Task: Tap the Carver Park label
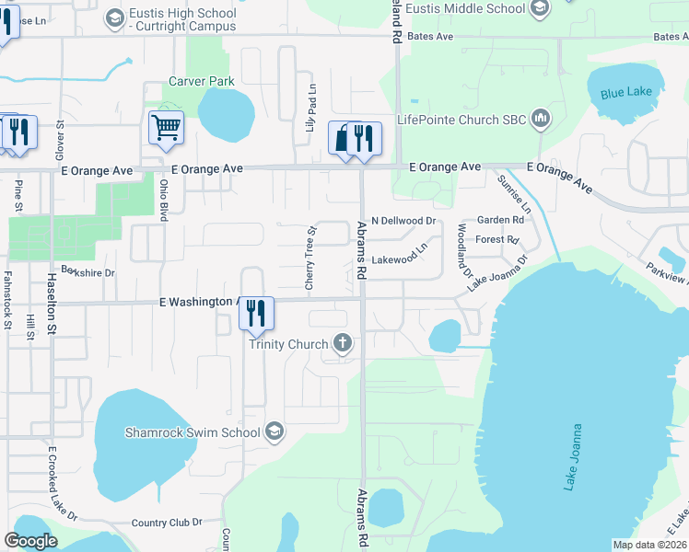pyautogui.click(x=202, y=82)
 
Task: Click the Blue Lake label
pyautogui.click(x=626, y=92)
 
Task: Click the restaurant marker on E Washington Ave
pyautogui.click(x=256, y=314)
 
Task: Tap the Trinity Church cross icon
pyautogui.click(x=342, y=344)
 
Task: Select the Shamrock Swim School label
pyautogui.click(x=193, y=431)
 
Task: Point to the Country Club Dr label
pyautogui.click(x=167, y=523)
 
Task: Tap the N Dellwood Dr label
pyautogui.click(x=403, y=221)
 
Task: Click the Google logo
pyautogui.click(x=31, y=541)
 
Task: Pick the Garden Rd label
pyautogui.click(x=500, y=220)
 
